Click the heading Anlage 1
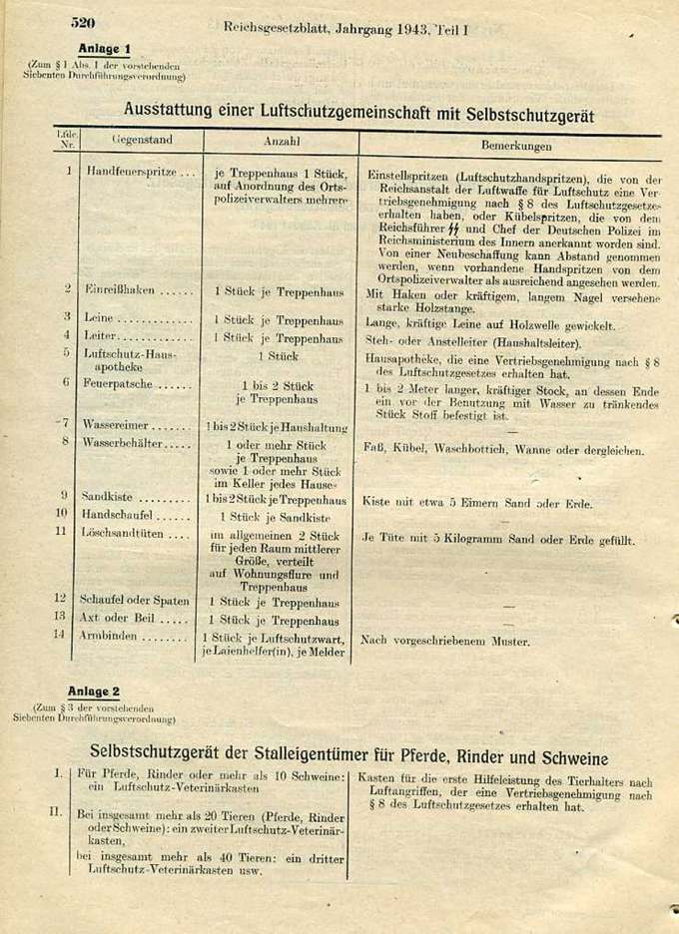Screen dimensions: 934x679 point(104,48)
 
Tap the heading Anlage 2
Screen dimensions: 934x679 point(94,692)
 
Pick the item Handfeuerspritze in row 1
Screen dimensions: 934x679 point(126,172)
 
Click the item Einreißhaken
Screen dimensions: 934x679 point(120,289)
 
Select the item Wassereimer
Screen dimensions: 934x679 point(117,425)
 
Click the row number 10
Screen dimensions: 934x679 point(61,513)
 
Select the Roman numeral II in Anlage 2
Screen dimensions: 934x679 point(56,812)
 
